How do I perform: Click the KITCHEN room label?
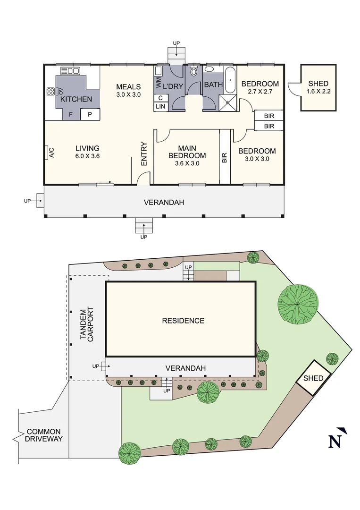(76, 99)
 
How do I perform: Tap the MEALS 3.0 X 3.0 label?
(128, 90)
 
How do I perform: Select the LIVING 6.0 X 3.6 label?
(87, 152)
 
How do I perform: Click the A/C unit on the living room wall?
(51, 153)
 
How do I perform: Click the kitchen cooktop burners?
(50, 92)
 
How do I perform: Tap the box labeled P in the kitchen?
(90, 114)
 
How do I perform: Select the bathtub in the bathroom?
(230, 80)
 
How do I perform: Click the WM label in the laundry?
(159, 84)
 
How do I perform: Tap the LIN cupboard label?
(160, 107)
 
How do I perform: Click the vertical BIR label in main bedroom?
(225, 157)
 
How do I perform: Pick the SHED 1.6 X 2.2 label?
(318, 87)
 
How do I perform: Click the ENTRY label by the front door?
(144, 154)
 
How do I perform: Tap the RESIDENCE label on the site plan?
(183, 321)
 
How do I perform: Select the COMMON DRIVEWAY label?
(44, 435)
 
